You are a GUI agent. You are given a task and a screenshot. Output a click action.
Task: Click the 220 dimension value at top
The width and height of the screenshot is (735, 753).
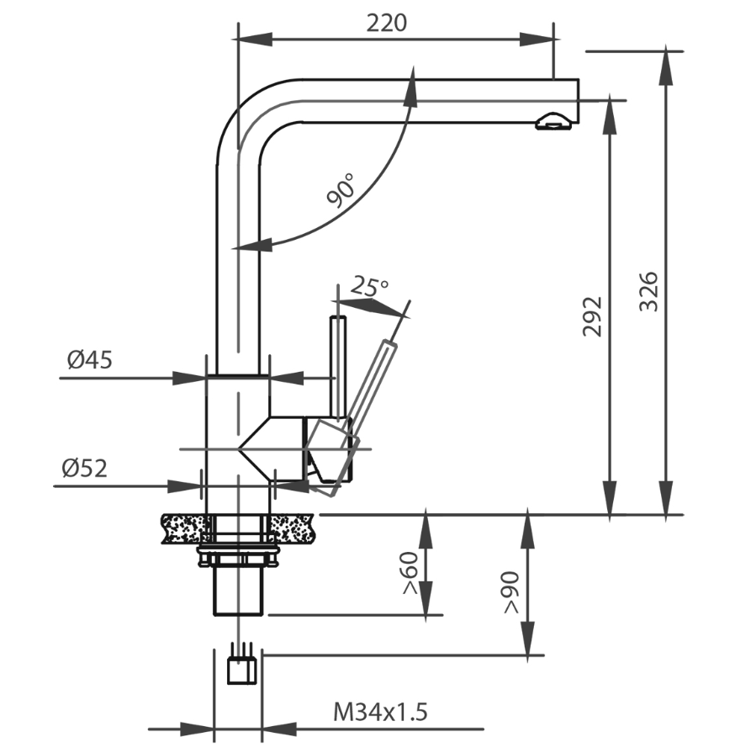click(386, 23)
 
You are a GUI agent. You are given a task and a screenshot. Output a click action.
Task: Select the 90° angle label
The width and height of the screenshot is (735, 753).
click(341, 192)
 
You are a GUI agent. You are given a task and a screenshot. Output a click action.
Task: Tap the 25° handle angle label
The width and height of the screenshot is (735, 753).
click(370, 287)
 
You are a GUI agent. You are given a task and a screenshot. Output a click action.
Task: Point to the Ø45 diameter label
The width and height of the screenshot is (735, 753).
click(89, 361)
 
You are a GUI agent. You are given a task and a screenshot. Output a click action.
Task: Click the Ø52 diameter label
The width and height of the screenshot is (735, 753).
click(84, 469)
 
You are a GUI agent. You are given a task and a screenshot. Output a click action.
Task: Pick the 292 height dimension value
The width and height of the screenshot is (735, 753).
click(594, 316)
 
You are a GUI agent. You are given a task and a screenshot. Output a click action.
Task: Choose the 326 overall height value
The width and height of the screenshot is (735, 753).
click(648, 291)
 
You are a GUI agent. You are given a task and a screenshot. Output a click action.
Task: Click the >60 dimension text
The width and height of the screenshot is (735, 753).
click(410, 575)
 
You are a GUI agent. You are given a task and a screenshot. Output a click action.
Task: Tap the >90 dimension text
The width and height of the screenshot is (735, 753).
click(510, 593)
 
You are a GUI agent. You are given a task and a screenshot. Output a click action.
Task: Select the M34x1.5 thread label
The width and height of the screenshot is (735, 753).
click(381, 713)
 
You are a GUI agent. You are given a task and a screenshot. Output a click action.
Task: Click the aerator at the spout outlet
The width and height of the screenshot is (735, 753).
click(553, 123)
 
